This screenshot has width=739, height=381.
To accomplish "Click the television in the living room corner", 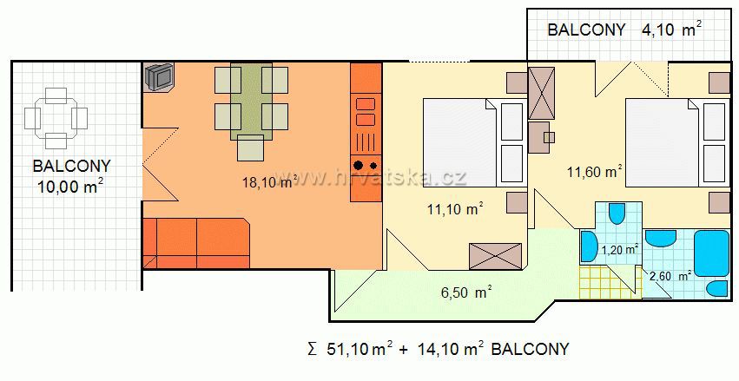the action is (159, 76).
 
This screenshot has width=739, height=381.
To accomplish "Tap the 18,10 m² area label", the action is (269, 181).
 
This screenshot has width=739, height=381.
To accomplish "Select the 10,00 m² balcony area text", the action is (70, 187).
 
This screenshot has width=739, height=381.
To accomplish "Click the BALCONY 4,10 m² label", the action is (624, 30).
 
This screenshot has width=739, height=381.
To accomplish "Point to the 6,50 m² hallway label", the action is (466, 292).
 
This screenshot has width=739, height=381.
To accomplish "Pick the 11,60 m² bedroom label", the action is (594, 172).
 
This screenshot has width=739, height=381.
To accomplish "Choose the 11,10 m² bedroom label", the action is (455, 208).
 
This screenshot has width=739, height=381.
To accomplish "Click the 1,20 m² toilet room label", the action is (620, 249).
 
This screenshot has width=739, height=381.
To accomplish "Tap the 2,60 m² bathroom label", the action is (670, 276).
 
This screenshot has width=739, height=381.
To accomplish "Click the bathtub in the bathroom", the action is (712, 253).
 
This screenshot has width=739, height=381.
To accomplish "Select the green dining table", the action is (251, 102).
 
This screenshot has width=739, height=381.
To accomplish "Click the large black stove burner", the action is (358, 165).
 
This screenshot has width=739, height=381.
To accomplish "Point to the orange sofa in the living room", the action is (196, 243).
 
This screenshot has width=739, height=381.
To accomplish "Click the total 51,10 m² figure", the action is (359, 349).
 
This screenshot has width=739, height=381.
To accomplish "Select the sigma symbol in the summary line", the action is (311, 350).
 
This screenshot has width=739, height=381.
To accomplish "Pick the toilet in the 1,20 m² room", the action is (617, 213).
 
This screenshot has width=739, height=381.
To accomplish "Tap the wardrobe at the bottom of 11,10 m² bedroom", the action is (495, 256).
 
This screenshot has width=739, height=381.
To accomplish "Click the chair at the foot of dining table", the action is (250, 148).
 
